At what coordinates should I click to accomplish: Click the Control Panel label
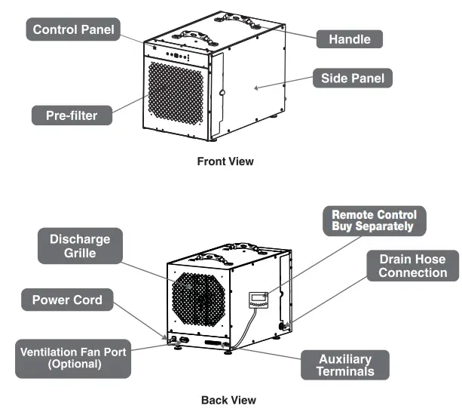click(73, 30)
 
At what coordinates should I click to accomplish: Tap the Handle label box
click(349, 38)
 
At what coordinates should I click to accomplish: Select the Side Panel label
click(352, 78)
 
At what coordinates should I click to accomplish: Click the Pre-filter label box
click(75, 116)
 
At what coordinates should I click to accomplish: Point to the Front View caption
click(225, 161)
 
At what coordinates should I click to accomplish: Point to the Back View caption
click(228, 400)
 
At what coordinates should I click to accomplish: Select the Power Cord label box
click(67, 300)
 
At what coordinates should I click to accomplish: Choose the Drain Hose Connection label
click(412, 266)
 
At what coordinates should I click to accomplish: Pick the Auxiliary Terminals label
click(344, 365)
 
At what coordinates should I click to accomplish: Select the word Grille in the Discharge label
click(80, 254)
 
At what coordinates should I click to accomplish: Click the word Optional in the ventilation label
click(74, 364)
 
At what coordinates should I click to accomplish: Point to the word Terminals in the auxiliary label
click(344, 372)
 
